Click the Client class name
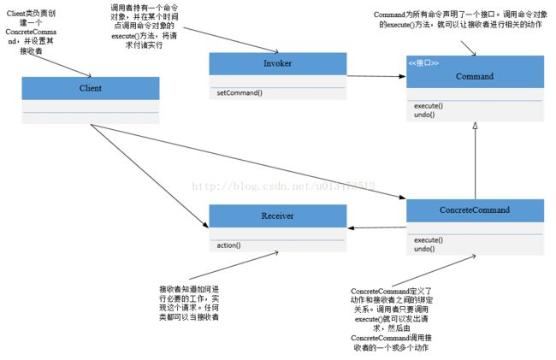click(x=90, y=88)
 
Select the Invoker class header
click(x=277, y=64)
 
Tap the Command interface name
click(x=474, y=76)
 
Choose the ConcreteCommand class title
click(x=474, y=210)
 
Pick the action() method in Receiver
click(x=228, y=245)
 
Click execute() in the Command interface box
click(x=429, y=106)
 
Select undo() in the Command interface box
click(x=425, y=115)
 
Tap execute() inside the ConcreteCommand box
click(x=429, y=240)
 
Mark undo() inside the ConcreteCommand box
click(x=425, y=249)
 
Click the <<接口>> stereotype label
click(x=423, y=63)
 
